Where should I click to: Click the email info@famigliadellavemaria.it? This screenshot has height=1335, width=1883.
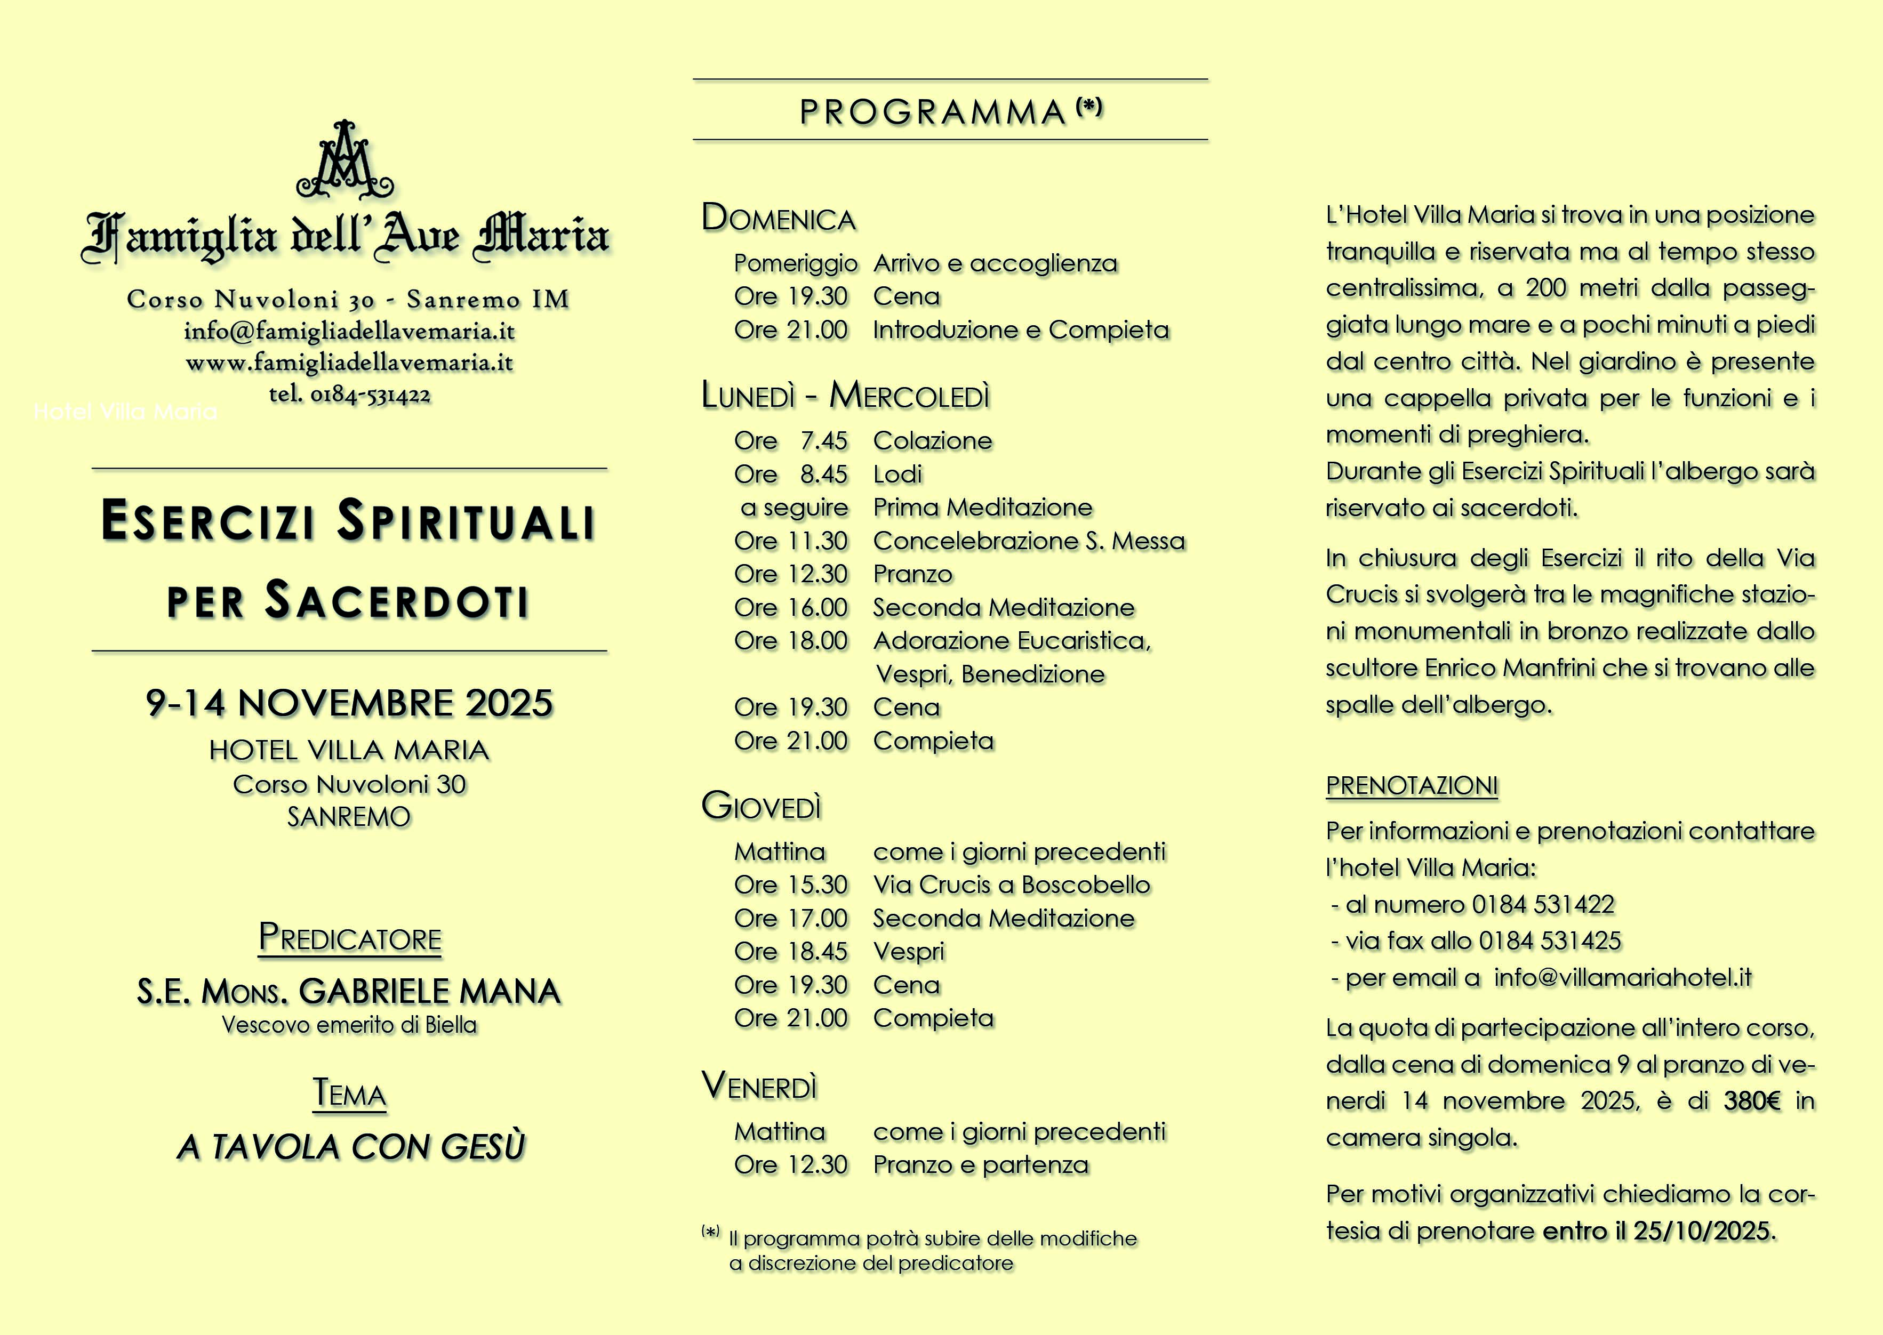(349, 331)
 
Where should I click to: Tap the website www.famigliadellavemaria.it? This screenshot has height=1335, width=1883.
(349, 363)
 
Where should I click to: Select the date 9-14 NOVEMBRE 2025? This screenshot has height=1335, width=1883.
(349, 704)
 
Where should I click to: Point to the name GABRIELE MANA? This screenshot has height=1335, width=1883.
(429, 991)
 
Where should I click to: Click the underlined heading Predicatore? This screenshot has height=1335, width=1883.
(349, 938)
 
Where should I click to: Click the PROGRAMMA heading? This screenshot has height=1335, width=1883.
(933, 112)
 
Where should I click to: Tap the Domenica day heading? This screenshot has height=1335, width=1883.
(778, 219)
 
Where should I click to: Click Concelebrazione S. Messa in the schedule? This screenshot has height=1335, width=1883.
(1029, 541)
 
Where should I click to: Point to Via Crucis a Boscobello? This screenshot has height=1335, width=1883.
(1012, 884)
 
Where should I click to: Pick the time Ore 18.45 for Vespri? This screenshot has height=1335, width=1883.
(790, 951)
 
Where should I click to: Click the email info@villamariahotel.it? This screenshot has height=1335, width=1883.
(1622, 977)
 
